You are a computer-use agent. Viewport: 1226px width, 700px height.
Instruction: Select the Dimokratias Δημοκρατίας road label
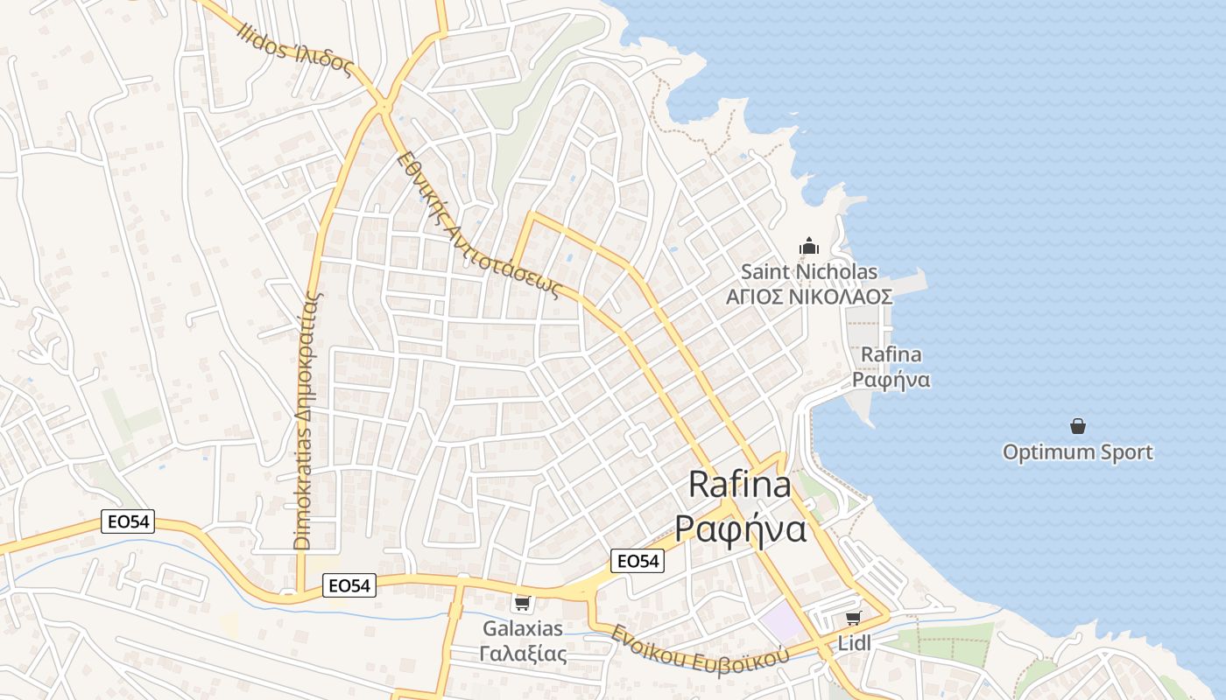tap(304, 420)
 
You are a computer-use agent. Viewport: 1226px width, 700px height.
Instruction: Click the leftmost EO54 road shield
tap(128, 522)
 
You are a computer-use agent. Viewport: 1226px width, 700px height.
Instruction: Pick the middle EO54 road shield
tap(349, 585)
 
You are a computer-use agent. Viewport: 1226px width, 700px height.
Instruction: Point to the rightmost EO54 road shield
tap(637, 561)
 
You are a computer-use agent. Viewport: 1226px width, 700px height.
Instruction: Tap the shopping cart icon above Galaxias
tap(523, 603)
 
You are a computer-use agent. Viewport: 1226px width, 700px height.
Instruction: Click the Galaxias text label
tap(523, 628)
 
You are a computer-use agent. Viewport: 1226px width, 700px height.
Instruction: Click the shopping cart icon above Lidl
tap(854, 618)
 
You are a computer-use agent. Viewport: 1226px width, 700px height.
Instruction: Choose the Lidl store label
tap(855, 643)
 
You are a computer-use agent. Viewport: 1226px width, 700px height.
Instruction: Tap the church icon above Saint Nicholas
tap(809, 246)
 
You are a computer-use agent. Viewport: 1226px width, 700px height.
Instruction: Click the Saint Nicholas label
tap(809, 272)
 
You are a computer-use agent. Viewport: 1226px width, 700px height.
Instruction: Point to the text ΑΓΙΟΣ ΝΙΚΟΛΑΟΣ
tap(809, 297)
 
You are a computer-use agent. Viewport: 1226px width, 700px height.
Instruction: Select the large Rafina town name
tap(740, 484)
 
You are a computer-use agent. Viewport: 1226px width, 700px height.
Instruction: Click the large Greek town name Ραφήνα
tap(740, 528)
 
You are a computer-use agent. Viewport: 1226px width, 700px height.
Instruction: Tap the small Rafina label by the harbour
tap(891, 354)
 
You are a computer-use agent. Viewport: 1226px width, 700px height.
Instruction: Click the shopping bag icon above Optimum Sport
tap(1078, 426)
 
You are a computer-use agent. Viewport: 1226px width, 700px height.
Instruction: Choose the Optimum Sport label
tap(1078, 452)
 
